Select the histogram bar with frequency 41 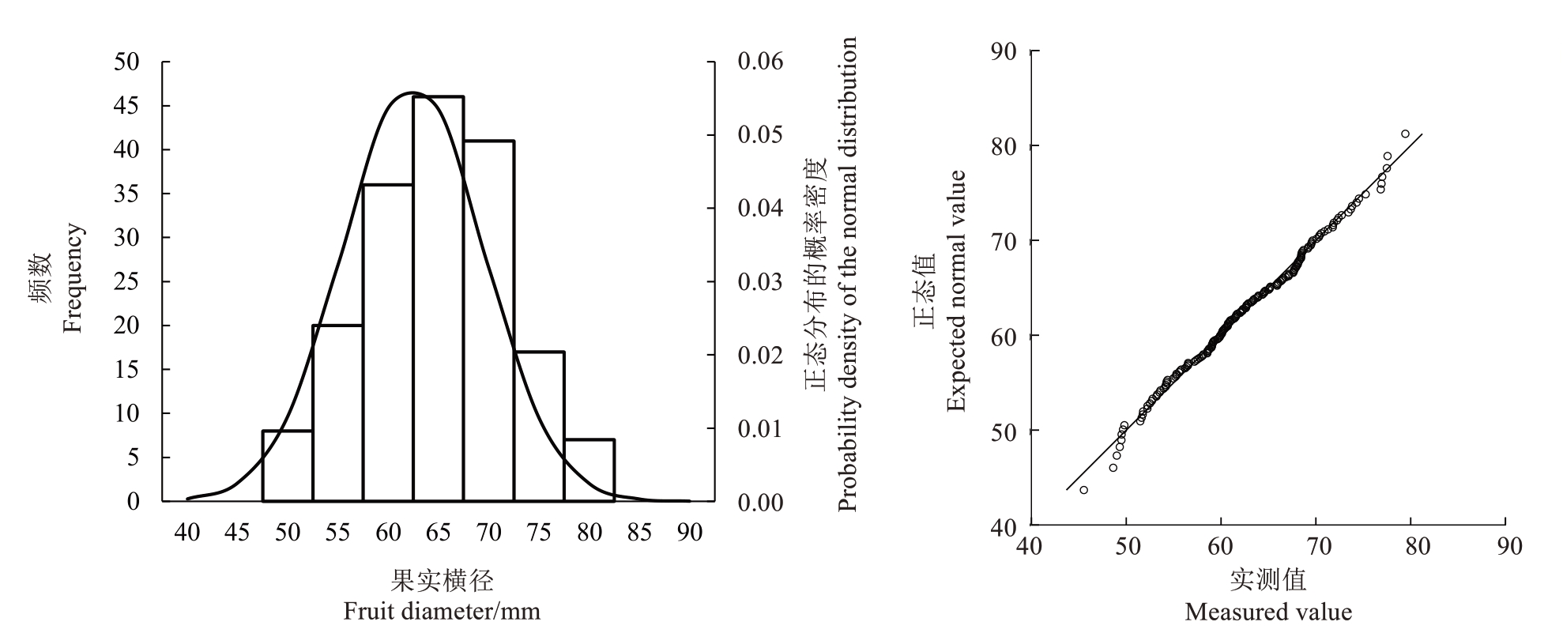[489, 320]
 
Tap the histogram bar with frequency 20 [337, 413]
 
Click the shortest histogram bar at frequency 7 [589, 469]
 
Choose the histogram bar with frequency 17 [540, 426]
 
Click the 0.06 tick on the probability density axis [760, 62]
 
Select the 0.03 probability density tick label [760, 282]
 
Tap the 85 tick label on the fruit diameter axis [640, 533]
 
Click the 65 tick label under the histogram [439, 533]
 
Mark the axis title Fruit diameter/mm [442, 611]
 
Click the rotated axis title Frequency [73, 278]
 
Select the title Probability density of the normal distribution [847, 274]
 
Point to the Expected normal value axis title [956, 291]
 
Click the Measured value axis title [1268, 612]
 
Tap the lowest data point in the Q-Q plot [1083, 490]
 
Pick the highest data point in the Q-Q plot [1405, 134]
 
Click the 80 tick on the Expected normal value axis [1004, 146]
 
